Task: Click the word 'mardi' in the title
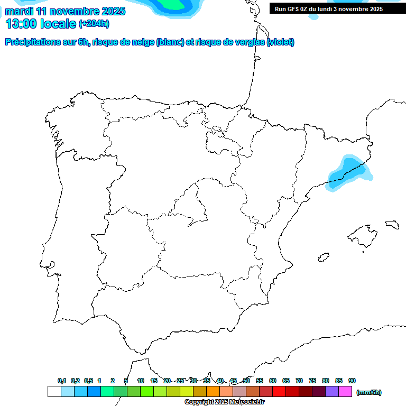coord(19,11)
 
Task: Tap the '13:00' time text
coord(21,23)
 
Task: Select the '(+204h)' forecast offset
coord(94,23)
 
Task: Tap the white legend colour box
coord(54,392)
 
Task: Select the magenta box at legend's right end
coord(346,392)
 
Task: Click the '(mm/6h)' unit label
coord(369,392)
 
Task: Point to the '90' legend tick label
coord(352,381)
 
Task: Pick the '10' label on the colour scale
coord(141,381)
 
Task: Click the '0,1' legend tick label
coord(62,381)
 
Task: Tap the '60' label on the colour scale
coord(273,381)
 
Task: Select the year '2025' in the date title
coord(112,11)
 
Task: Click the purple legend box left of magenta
coord(333,392)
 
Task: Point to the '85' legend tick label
coord(339,381)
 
